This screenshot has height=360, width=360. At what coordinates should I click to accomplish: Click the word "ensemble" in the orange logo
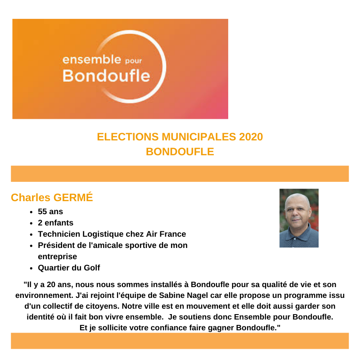click(x=92, y=59)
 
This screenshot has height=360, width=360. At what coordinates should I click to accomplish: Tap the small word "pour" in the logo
click(x=133, y=61)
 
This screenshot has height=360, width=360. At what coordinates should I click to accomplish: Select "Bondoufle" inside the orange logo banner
click(x=106, y=76)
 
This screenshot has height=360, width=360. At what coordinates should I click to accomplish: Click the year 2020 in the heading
click(x=248, y=137)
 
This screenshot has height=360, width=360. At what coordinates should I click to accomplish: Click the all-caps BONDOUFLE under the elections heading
click(x=180, y=152)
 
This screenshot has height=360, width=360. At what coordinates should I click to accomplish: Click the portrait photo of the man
click(x=299, y=218)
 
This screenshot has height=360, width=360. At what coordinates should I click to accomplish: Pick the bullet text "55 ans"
click(x=50, y=211)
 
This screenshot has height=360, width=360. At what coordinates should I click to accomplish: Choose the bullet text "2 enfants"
click(x=55, y=223)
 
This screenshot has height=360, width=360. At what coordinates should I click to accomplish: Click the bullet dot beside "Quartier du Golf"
click(x=31, y=268)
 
